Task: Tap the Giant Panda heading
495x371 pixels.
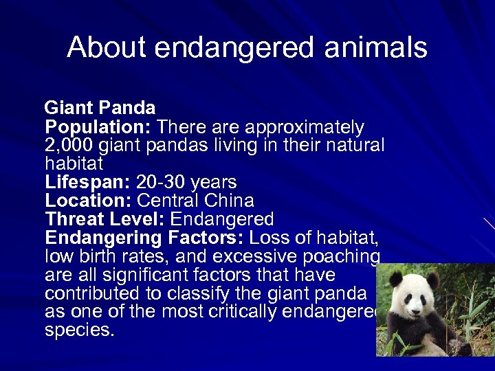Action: [100, 108]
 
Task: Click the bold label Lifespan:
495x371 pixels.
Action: [88, 182]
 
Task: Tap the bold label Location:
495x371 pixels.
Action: [89, 201]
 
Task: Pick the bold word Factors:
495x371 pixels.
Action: [210, 238]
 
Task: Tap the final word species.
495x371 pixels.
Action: [80, 330]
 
